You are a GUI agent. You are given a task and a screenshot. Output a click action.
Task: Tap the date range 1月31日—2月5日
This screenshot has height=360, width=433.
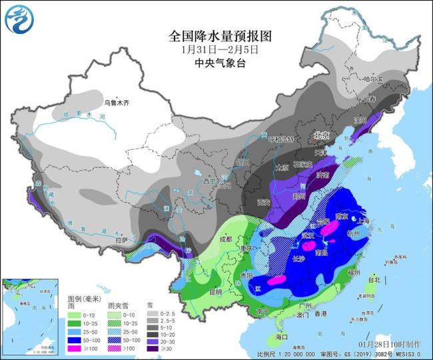point(217,49)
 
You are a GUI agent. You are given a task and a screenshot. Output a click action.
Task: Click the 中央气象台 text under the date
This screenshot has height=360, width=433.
point(217,62)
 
